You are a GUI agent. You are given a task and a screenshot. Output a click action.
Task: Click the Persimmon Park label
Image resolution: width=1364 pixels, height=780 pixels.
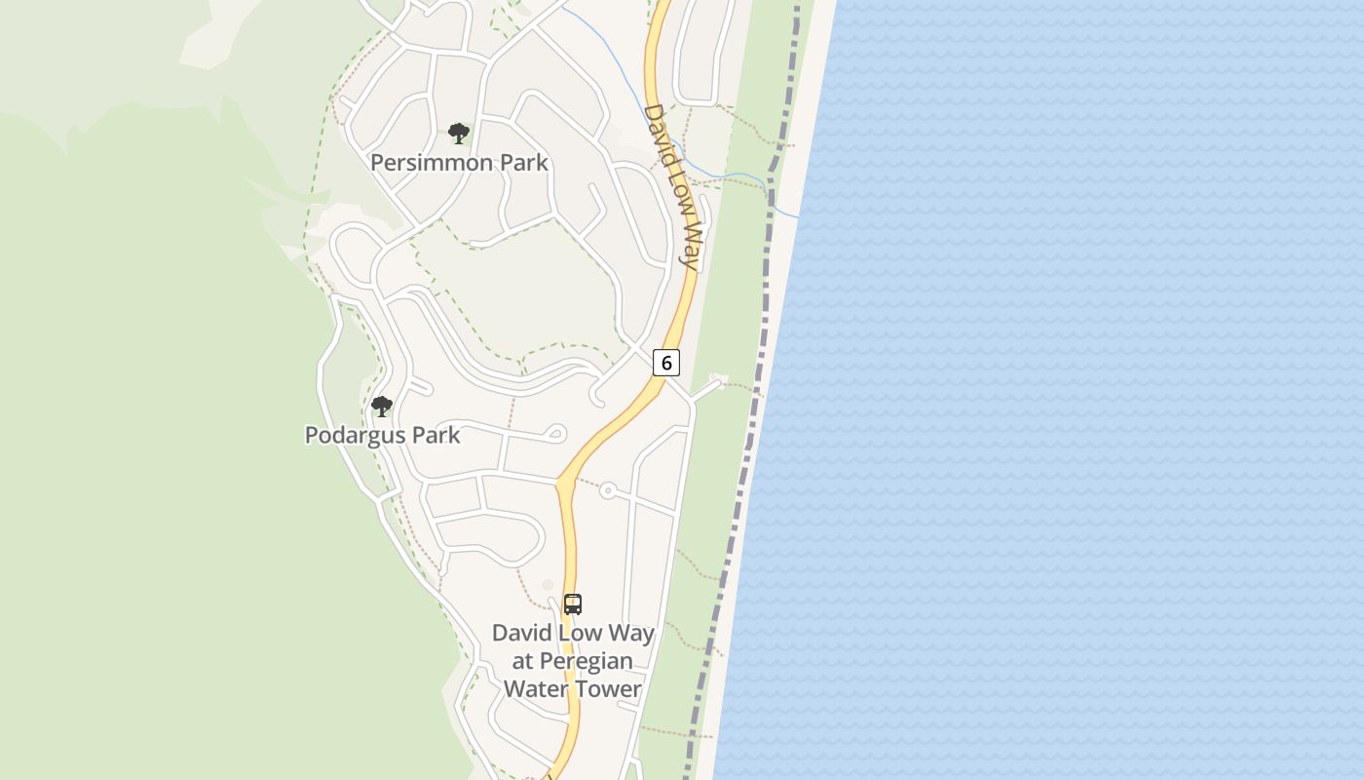coord(459,162)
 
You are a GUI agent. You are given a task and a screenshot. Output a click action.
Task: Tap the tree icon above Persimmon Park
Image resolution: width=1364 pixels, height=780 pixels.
coord(459,134)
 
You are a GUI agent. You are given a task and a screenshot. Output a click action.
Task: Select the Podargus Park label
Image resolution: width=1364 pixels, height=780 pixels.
coord(382,435)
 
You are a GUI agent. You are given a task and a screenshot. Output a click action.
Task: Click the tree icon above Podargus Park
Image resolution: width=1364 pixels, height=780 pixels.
coord(382,406)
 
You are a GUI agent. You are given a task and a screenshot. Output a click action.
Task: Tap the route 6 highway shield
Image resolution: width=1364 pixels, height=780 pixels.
coord(666,363)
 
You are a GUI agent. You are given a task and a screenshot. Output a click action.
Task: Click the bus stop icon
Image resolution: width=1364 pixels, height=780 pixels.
coord(573,604)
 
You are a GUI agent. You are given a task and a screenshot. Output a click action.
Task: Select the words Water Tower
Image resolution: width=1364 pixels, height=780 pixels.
coord(572,688)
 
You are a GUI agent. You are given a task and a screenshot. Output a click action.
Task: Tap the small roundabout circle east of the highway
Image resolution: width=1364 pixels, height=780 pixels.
coord(608,490)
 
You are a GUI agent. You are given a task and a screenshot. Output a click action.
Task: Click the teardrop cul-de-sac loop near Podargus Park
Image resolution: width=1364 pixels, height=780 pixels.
coord(556,433)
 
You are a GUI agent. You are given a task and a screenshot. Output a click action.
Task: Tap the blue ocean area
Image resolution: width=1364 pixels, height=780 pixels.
coord(1072,390)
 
